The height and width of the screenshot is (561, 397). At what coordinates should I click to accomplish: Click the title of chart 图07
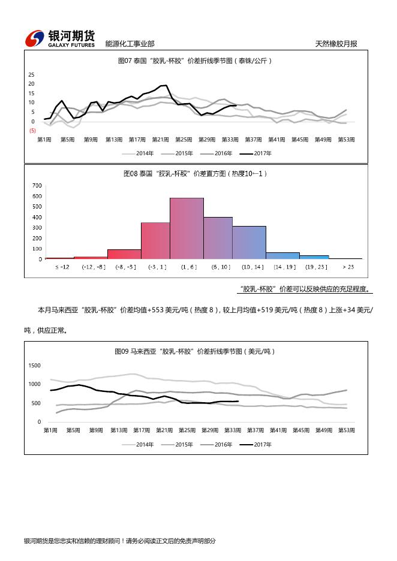pos(196,61)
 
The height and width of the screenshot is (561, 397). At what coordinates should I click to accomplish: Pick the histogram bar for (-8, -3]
pos(124,254)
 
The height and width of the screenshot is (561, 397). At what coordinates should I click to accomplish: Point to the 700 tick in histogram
pos(37,185)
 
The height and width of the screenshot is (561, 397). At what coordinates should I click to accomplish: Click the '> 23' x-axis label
pos(347,266)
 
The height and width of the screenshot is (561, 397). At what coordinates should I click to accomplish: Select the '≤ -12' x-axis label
pos(63,266)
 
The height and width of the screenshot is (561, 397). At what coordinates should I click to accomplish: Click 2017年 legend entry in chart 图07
pos(256,153)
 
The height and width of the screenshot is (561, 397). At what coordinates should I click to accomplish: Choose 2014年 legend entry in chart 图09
pos(139,444)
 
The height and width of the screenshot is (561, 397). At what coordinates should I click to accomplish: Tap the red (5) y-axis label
pos(32,131)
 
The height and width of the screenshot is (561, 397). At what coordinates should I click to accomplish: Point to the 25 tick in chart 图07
pos(31,74)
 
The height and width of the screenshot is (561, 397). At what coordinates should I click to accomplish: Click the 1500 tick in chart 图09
pos(34,365)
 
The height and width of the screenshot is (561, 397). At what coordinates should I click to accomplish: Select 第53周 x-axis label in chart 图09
pos(345,430)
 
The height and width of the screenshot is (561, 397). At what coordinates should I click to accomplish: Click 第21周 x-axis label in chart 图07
pos(161,139)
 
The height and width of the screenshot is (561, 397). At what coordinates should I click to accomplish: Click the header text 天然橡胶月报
pos(336,44)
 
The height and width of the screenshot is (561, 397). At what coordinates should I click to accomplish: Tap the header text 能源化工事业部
pos(130,44)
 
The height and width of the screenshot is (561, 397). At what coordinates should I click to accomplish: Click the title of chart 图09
pos(196,351)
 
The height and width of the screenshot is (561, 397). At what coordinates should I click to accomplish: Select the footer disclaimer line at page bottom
pos(119,541)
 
